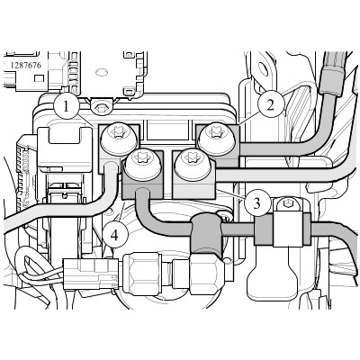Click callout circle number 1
(x=67, y=107)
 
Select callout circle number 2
(x=271, y=105)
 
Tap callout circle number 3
(x=256, y=203)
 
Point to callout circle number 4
(x=115, y=236)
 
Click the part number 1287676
(x=26, y=65)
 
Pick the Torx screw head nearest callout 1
(x=120, y=137)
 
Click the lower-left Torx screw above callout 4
(x=142, y=164)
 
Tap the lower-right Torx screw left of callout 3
(x=193, y=165)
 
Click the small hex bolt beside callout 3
(x=285, y=204)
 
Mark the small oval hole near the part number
(x=102, y=72)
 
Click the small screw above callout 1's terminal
(x=101, y=106)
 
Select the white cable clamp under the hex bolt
(x=288, y=229)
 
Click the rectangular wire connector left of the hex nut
(x=91, y=274)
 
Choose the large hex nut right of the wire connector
(x=142, y=274)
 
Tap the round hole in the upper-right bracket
(x=264, y=68)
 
